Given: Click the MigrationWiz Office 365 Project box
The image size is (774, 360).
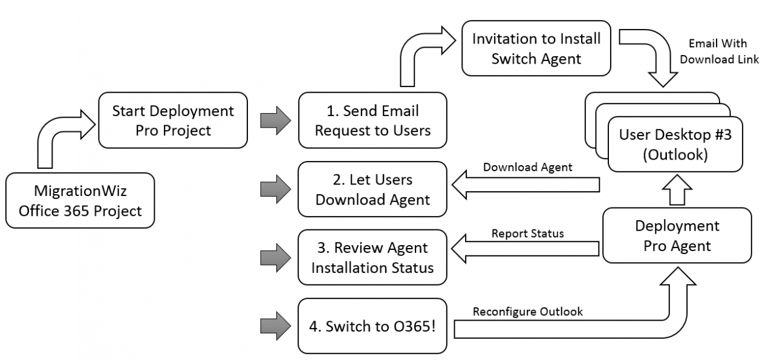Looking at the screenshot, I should tap(80, 201).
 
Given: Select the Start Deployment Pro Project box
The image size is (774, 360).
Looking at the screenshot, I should tap(173, 120).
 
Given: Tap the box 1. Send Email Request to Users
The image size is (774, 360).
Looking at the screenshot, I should tap(372, 120).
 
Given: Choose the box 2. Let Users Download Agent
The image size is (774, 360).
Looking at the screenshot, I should tap(372, 189).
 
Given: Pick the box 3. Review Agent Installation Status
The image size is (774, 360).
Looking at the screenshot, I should tap(372, 257).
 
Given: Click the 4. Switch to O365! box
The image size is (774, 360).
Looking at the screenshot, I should tap(372, 326).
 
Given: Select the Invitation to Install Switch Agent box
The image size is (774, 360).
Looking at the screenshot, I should tap(536, 48).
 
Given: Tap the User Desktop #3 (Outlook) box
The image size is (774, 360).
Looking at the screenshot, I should tap(675, 145).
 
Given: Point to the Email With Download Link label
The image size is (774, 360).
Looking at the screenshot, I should tap(724, 51).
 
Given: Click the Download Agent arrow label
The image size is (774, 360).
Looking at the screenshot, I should tap(527, 168).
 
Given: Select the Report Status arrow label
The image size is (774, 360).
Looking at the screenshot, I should tap(527, 233).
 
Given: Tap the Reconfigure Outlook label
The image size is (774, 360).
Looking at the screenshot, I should tap(527, 312).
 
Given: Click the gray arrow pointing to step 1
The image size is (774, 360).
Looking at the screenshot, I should tap(275, 119).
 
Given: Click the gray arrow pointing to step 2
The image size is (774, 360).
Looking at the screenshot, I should tap(275, 188).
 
